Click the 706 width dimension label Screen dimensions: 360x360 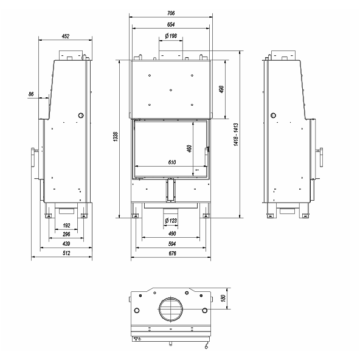point(171,13)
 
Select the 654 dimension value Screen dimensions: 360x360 point(171,24)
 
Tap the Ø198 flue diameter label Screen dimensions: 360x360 point(171,36)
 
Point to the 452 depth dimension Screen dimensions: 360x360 point(66,36)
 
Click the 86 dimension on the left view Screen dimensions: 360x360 point(31,94)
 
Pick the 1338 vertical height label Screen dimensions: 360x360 point(116,136)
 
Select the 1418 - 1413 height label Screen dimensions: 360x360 point(236,134)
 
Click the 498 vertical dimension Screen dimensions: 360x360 point(221,89)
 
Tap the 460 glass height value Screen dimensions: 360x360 point(189,148)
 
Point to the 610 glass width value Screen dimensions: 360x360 point(172,162)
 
